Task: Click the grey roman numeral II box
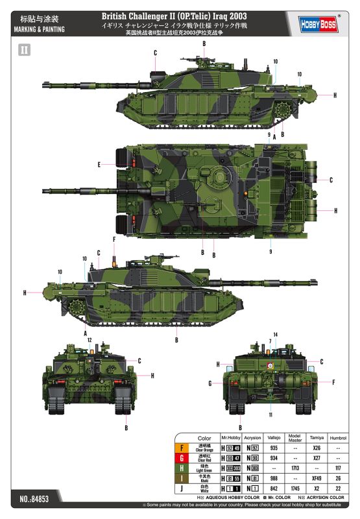(x=25, y=50)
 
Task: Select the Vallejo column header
(x=272, y=438)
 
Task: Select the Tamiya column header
(x=317, y=438)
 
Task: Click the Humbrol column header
(x=339, y=438)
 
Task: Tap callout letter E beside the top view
(x=99, y=165)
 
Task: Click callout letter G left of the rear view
(x=211, y=383)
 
